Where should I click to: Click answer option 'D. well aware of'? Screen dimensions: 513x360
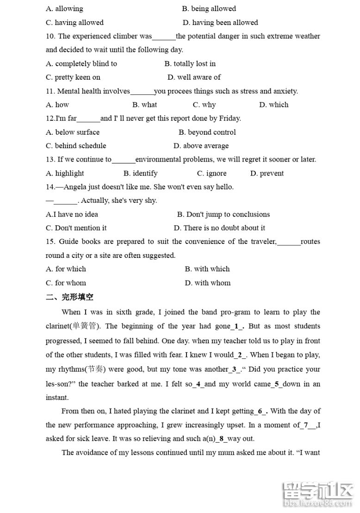[x=194, y=77]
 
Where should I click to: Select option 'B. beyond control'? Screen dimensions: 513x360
[x=207, y=132]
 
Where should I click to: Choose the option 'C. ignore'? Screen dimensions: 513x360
[x=212, y=174]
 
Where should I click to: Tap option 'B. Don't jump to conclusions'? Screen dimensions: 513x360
[x=223, y=214]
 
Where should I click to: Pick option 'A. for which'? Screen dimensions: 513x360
[x=66, y=269]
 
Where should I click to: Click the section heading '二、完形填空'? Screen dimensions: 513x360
[x=69, y=297]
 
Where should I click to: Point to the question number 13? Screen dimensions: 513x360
[x=50, y=160]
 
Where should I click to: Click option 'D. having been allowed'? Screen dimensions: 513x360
[x=220, y=23]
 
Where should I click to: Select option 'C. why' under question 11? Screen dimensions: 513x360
[x=204, y=105]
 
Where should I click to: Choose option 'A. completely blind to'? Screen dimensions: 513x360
[x=81, y=64]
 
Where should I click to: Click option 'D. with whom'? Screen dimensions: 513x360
[x=208, y=283]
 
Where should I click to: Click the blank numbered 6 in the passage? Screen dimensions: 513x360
[x=262, y=411]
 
